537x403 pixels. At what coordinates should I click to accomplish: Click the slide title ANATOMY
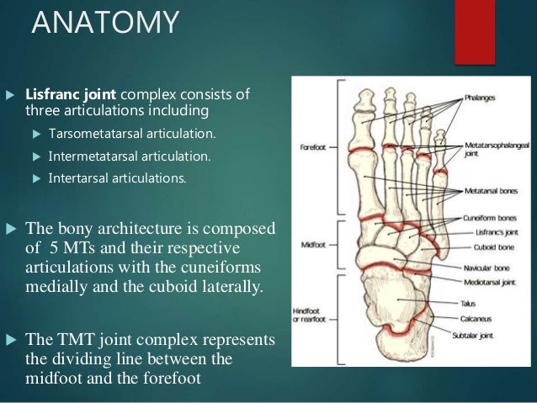tap(105, 23)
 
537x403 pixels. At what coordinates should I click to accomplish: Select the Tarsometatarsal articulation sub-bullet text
tap(132, 134)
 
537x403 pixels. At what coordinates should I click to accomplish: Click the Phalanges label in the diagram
tap(482, 98)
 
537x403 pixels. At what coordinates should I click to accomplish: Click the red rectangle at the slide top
tap(474, 31)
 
